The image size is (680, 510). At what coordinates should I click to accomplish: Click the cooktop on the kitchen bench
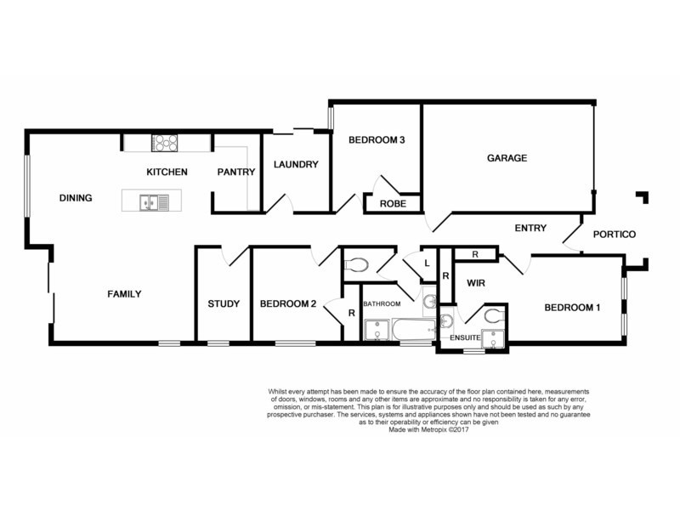[164, 143]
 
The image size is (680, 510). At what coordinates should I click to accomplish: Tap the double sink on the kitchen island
[156, 202]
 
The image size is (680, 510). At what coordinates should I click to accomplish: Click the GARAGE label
[507, 158]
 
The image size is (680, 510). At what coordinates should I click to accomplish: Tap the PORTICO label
[614, 235]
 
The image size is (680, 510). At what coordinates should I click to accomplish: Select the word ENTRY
[530, 228]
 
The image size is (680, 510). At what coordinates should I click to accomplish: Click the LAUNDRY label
[295, 164]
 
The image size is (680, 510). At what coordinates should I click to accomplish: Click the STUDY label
[224, 304]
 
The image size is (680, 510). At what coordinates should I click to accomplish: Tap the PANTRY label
[235, 172]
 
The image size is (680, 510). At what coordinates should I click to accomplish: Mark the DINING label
[75, 198]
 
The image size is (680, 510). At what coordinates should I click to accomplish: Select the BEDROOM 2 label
[288, 304]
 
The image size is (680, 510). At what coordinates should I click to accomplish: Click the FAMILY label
[123, 294]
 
